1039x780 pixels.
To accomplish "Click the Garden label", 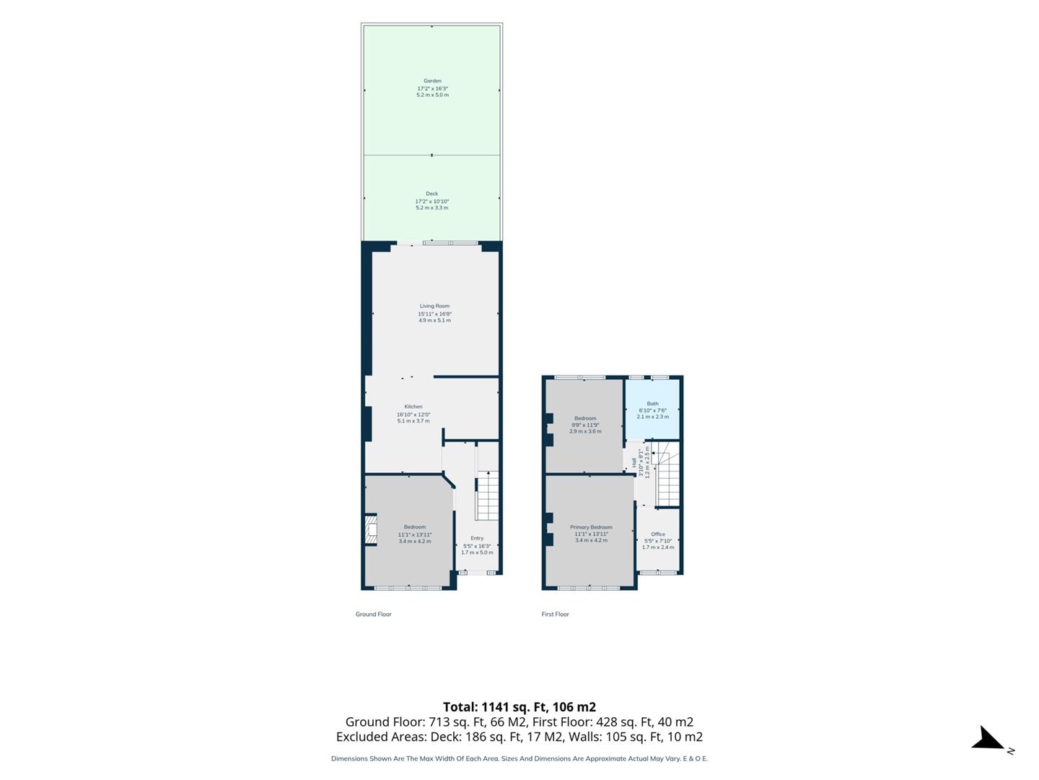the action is [432, 81].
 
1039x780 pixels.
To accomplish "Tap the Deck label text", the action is [431, 194].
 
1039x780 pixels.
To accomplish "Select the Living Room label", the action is [434, 306].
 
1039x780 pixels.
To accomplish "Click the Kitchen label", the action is [413, 407].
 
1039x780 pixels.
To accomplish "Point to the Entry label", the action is [477, 538].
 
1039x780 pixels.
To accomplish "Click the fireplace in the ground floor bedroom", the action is [371, 529].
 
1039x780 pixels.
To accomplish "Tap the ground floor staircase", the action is [487, 496].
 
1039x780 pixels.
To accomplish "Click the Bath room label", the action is [653, 404].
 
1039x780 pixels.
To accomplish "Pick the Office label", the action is [658, 534].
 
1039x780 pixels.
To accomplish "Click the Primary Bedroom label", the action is [591, 527].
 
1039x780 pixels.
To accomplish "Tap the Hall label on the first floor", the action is [634, 461].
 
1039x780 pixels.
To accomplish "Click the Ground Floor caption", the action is [374, 614].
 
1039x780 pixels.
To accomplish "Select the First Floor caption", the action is [556, 614].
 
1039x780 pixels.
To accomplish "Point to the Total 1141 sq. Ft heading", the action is [519, 707].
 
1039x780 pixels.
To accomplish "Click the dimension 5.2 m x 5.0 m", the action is [433, 95].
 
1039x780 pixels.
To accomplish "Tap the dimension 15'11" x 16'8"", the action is [434, 313].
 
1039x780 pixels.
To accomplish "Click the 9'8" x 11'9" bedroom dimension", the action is [586, 425].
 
